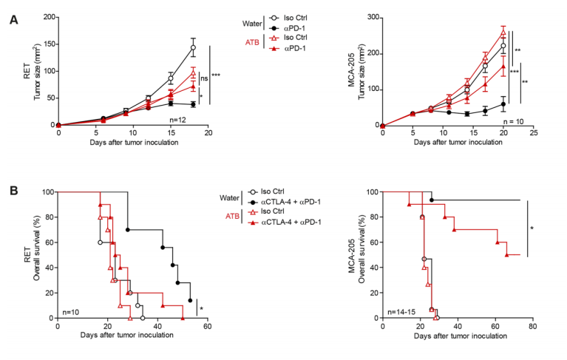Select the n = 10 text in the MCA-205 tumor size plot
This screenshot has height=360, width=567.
tap(511, 118)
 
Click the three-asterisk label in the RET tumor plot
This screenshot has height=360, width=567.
tap(217, 75)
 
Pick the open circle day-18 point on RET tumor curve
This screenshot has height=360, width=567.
tap(193, 48)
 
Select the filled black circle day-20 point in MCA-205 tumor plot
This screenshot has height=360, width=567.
tap(503, 104)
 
